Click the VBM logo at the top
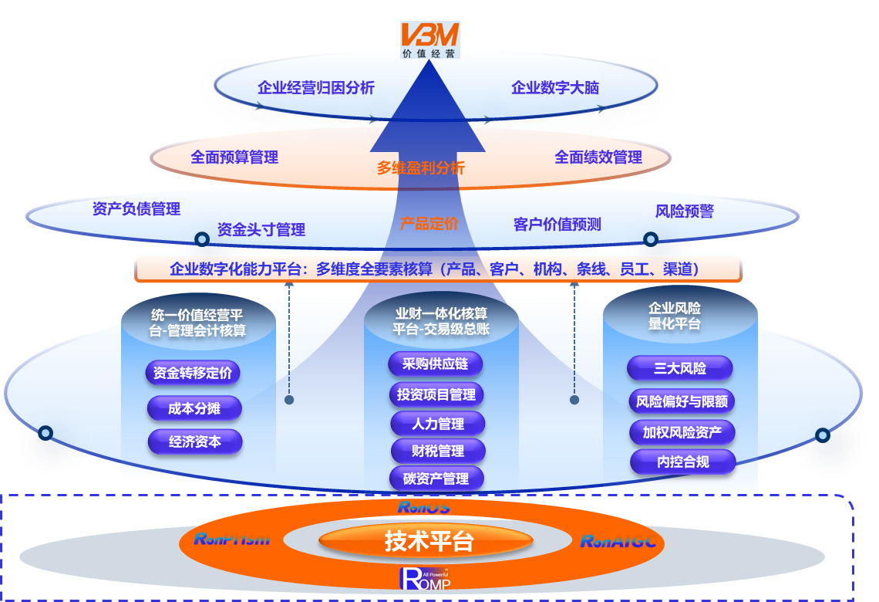(429, 39)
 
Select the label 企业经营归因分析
(316, 88)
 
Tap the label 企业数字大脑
(554, 88)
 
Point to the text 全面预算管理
(234, 157)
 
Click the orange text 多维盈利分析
(420, 167)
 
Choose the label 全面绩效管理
(598, 157)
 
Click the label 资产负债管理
(136, 209)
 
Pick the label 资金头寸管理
(261, 229)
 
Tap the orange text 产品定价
(429, 224)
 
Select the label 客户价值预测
(557, 225)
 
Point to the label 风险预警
(684, 211)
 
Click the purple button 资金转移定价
(192, 374)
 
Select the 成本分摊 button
(194, 408)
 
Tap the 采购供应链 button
(436, 364)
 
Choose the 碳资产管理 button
(436, 479)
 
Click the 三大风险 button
(680, 368)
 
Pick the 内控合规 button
(682, 462)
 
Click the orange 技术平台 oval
(429, 542)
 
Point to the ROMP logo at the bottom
(425, 577)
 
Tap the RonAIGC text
(618, 541)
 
